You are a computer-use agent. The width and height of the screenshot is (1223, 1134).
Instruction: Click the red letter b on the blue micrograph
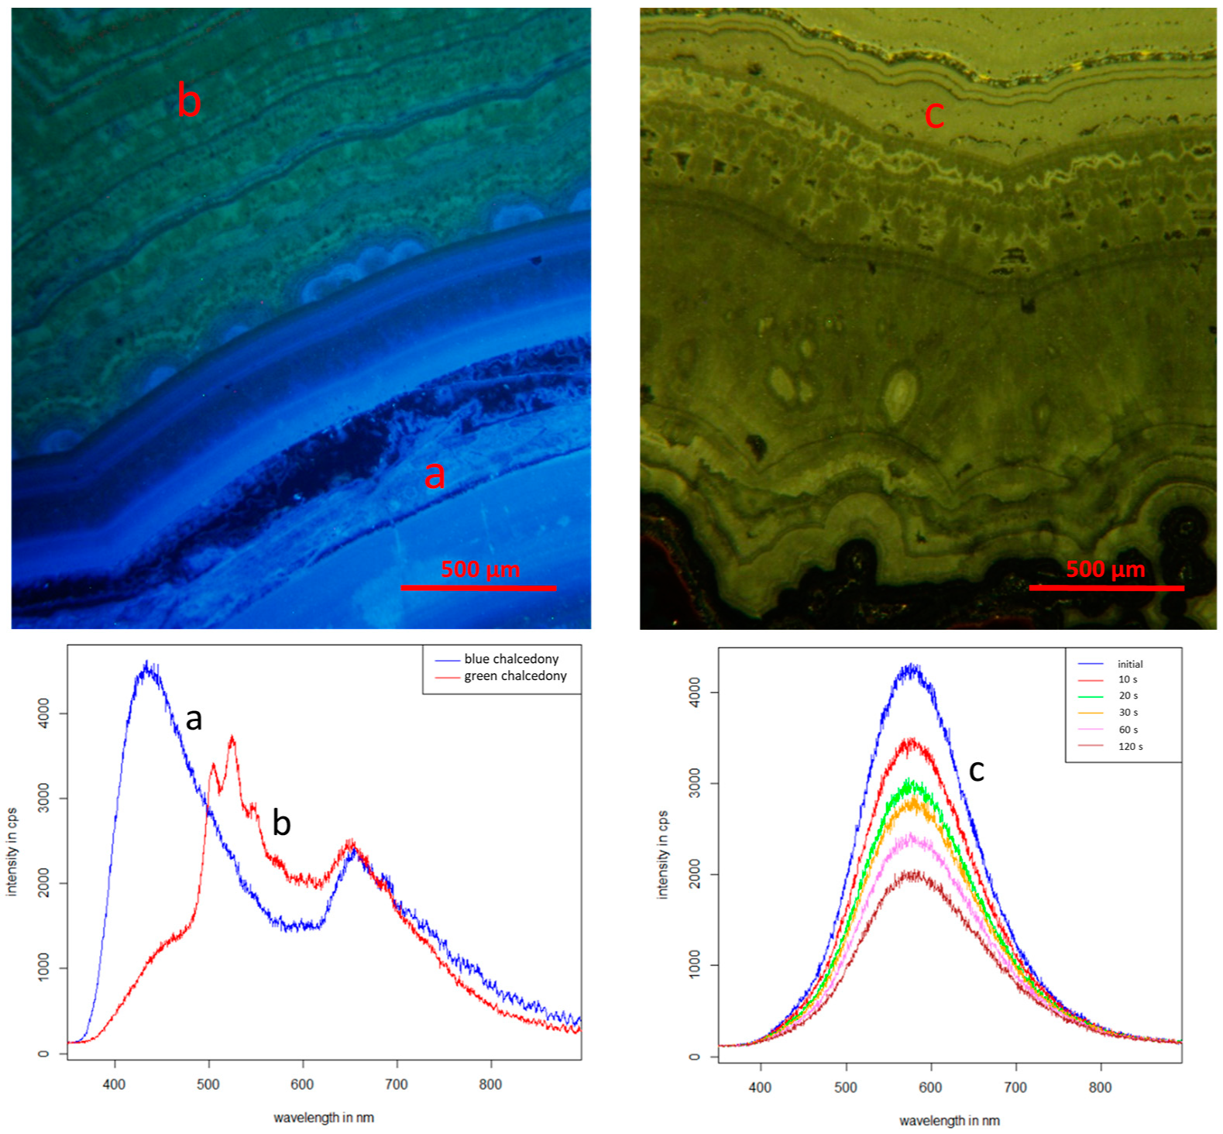[x=188, y=101]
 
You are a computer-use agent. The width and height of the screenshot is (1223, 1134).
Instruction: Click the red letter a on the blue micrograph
[x=435, y=475]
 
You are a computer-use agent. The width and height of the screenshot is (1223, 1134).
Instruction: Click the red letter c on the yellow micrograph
[x=934, y=115]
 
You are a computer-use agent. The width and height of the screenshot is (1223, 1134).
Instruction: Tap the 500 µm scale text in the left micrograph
[x=480, y=569]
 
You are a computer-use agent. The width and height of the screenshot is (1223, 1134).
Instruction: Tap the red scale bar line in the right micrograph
[x=1106, y=589]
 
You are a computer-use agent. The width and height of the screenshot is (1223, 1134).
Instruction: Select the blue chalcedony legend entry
[x=511, y=659]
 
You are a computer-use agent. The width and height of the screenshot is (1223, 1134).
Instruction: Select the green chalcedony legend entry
[x=515, y=676]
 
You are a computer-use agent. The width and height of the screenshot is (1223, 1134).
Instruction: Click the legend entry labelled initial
[x=1129, y=664]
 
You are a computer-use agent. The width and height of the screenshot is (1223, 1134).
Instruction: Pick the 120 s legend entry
[x=1130, y=747]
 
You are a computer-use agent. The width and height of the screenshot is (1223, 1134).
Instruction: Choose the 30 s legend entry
[x=1128, y=713]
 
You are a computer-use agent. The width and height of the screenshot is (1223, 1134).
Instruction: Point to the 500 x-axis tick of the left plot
[x=208, y=1084]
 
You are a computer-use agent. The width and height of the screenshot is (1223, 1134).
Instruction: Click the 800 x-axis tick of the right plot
[x=1100, y=1088]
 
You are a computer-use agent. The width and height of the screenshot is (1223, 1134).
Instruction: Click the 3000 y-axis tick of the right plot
[x=695, y=783]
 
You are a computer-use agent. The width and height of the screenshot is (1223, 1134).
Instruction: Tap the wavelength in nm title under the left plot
[x=323, y=1118]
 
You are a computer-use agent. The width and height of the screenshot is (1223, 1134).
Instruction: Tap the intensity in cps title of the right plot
[x=663, y=854]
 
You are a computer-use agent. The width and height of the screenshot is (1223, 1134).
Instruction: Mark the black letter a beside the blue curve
[x=194, y=720]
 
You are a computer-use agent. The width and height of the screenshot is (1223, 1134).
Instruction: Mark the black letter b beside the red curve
[x=281, y=823]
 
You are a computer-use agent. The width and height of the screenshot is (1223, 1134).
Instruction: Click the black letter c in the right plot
[x=977, y=770]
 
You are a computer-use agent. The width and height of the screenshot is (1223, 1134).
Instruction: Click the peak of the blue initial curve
[x=912, y=666]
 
